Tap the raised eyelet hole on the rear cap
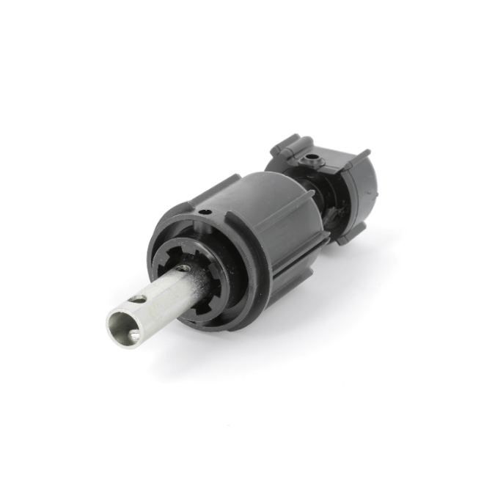pos(314,157)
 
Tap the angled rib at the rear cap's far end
pos(362,155)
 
